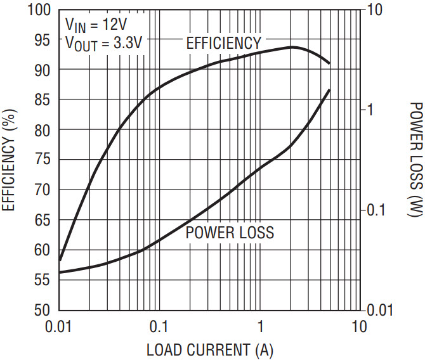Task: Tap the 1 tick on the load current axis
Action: [259, 326]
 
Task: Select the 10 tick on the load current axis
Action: [359, 326]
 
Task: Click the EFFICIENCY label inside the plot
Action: [223, 43]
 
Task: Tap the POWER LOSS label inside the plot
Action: [230, 233]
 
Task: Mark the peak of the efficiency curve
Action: [292, 47]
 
